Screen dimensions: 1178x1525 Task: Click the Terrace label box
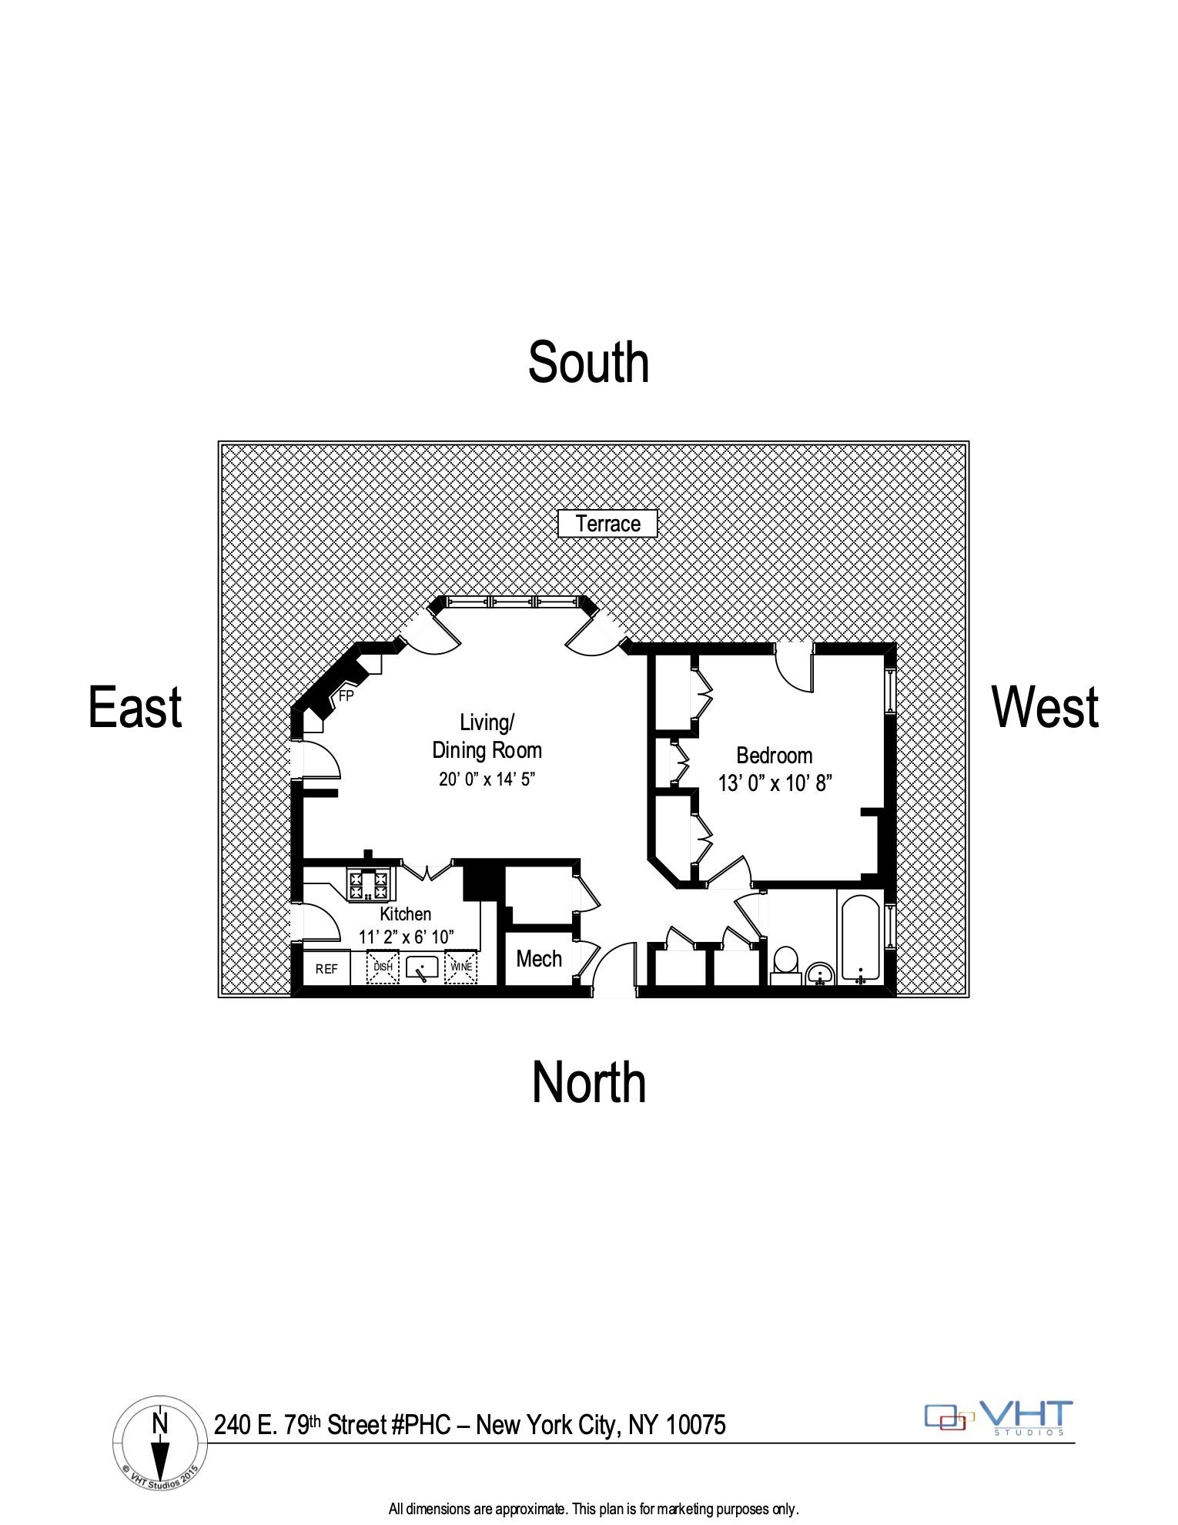(x=607, y=524)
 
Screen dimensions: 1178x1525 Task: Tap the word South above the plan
(x=588, y=363)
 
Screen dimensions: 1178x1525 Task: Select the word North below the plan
(x=589, y=1083)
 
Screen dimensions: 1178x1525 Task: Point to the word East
(x=136, y=707)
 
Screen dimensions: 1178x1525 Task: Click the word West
(x=1045, y=707)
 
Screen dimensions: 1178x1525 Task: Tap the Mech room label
(x=539, y=959)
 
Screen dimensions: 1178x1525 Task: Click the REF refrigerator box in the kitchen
(x=326, y=969)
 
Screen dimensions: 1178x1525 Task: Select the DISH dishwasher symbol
(x=383, y=968)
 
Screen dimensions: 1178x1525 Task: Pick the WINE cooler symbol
(x=461, y=968)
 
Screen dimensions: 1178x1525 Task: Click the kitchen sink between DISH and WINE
(x=422, y=968)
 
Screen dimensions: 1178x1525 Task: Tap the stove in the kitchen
(x=370, y=884)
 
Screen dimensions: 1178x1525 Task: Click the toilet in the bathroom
(x=785, y=964)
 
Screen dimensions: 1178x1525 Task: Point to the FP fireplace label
(x=346, y=696)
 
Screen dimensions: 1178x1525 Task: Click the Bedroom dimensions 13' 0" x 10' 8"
(x=775, y=784)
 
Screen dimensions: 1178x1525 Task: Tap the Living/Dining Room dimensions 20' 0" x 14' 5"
(x=487, y=779)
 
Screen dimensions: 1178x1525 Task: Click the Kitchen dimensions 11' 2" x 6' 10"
(x=406, y=937)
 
